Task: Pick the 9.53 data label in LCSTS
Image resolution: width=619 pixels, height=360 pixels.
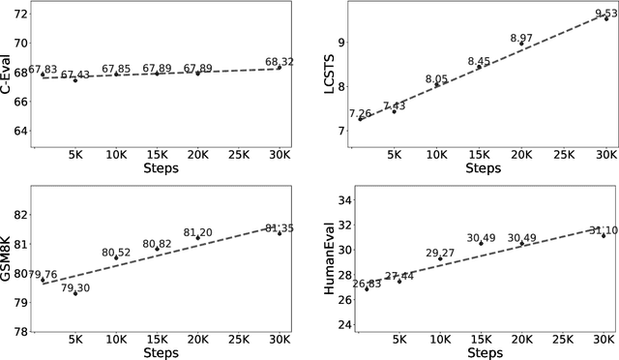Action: tap(604, 13)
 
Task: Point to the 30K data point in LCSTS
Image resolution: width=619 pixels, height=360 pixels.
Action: tap(606, 18)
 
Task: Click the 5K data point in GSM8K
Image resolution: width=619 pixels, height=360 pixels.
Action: tap(75, 293)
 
